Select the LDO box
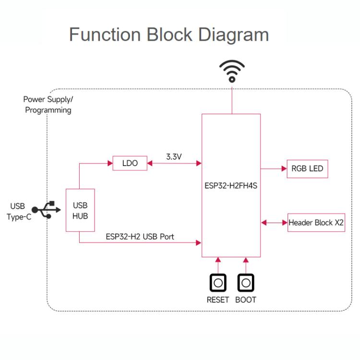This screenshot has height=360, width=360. pyautogui.click(x=130, y=163)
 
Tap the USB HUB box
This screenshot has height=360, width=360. pyautogui.click(x=80, y=210)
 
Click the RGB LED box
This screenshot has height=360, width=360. pyautogui.click(x=307, y=169)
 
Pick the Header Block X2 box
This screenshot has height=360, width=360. pyautogui.click(x=316, y=223)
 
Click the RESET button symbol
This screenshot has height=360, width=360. pyautogui.click(x=218, y=283)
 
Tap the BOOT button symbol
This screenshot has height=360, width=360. pyautogui.click(x=246, y=283)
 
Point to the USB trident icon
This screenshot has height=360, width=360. pyautogui.click(x=47, y=210)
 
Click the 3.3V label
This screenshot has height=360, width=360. pyautogui.click(x=174, y=156)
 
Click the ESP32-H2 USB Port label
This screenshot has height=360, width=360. pyautogui.click(x=140, y=237)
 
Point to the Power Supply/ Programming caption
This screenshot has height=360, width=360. pyautogui.click(x=48, y=105)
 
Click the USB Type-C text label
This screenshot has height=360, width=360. pyautogui.click(x=18, y=211)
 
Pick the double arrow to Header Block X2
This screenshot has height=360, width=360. pyautogui.click(x=274, y=223)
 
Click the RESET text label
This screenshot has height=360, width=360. pyautogui.click(x=218, y=300)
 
